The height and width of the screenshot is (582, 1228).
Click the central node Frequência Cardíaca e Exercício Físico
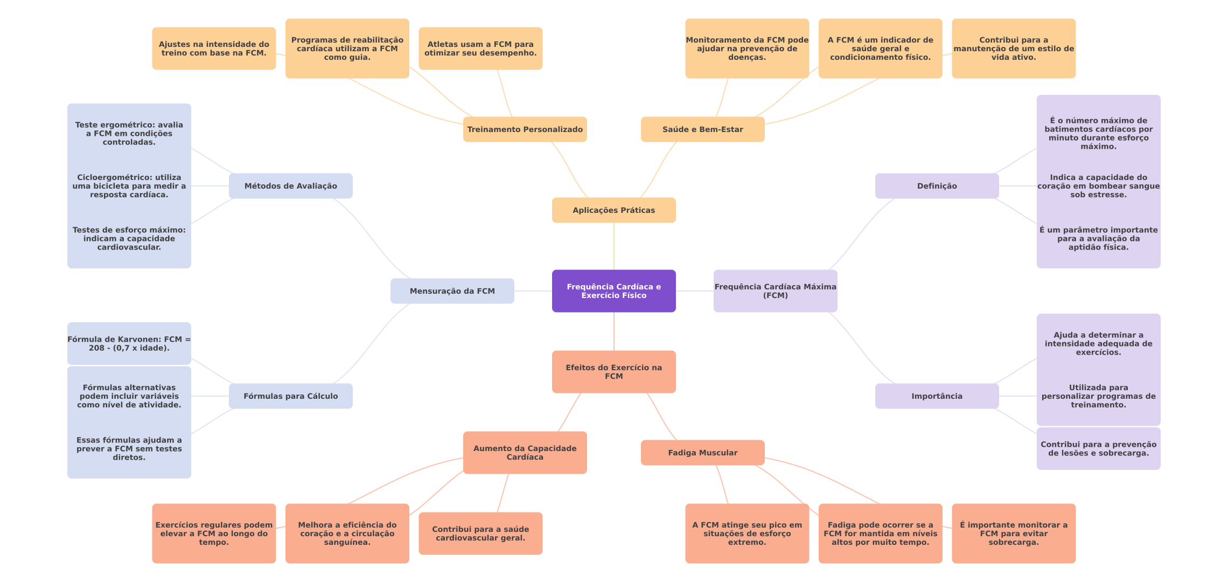point(613,291)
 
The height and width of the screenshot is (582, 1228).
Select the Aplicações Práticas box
point(613,210)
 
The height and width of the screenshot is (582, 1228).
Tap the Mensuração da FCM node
point(452,291)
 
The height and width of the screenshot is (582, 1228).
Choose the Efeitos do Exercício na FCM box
point(613,372)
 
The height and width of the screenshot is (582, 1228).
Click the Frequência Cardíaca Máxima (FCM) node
point(775,291)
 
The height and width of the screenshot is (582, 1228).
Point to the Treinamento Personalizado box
point(525,129)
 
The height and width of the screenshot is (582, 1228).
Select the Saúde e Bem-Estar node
point(702,129)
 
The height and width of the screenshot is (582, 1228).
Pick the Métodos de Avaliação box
point(290,186)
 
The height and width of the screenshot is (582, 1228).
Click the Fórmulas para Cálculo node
point(290,396)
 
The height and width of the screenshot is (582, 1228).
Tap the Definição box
point(937,186)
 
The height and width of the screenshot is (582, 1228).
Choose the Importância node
point(937,396)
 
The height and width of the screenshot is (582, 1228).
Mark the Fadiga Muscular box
point(702,453)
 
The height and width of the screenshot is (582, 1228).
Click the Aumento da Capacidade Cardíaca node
point(525,453)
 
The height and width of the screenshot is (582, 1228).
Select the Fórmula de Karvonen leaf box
point(129,344)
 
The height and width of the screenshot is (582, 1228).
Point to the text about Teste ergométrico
point(129,134)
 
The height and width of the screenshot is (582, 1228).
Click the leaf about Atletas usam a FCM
point(480,48)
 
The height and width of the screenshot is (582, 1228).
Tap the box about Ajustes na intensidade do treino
point(214,48)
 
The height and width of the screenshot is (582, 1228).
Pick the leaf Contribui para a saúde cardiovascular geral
point(480,533)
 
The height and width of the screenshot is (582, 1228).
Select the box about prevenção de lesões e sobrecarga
point(1098,448)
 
